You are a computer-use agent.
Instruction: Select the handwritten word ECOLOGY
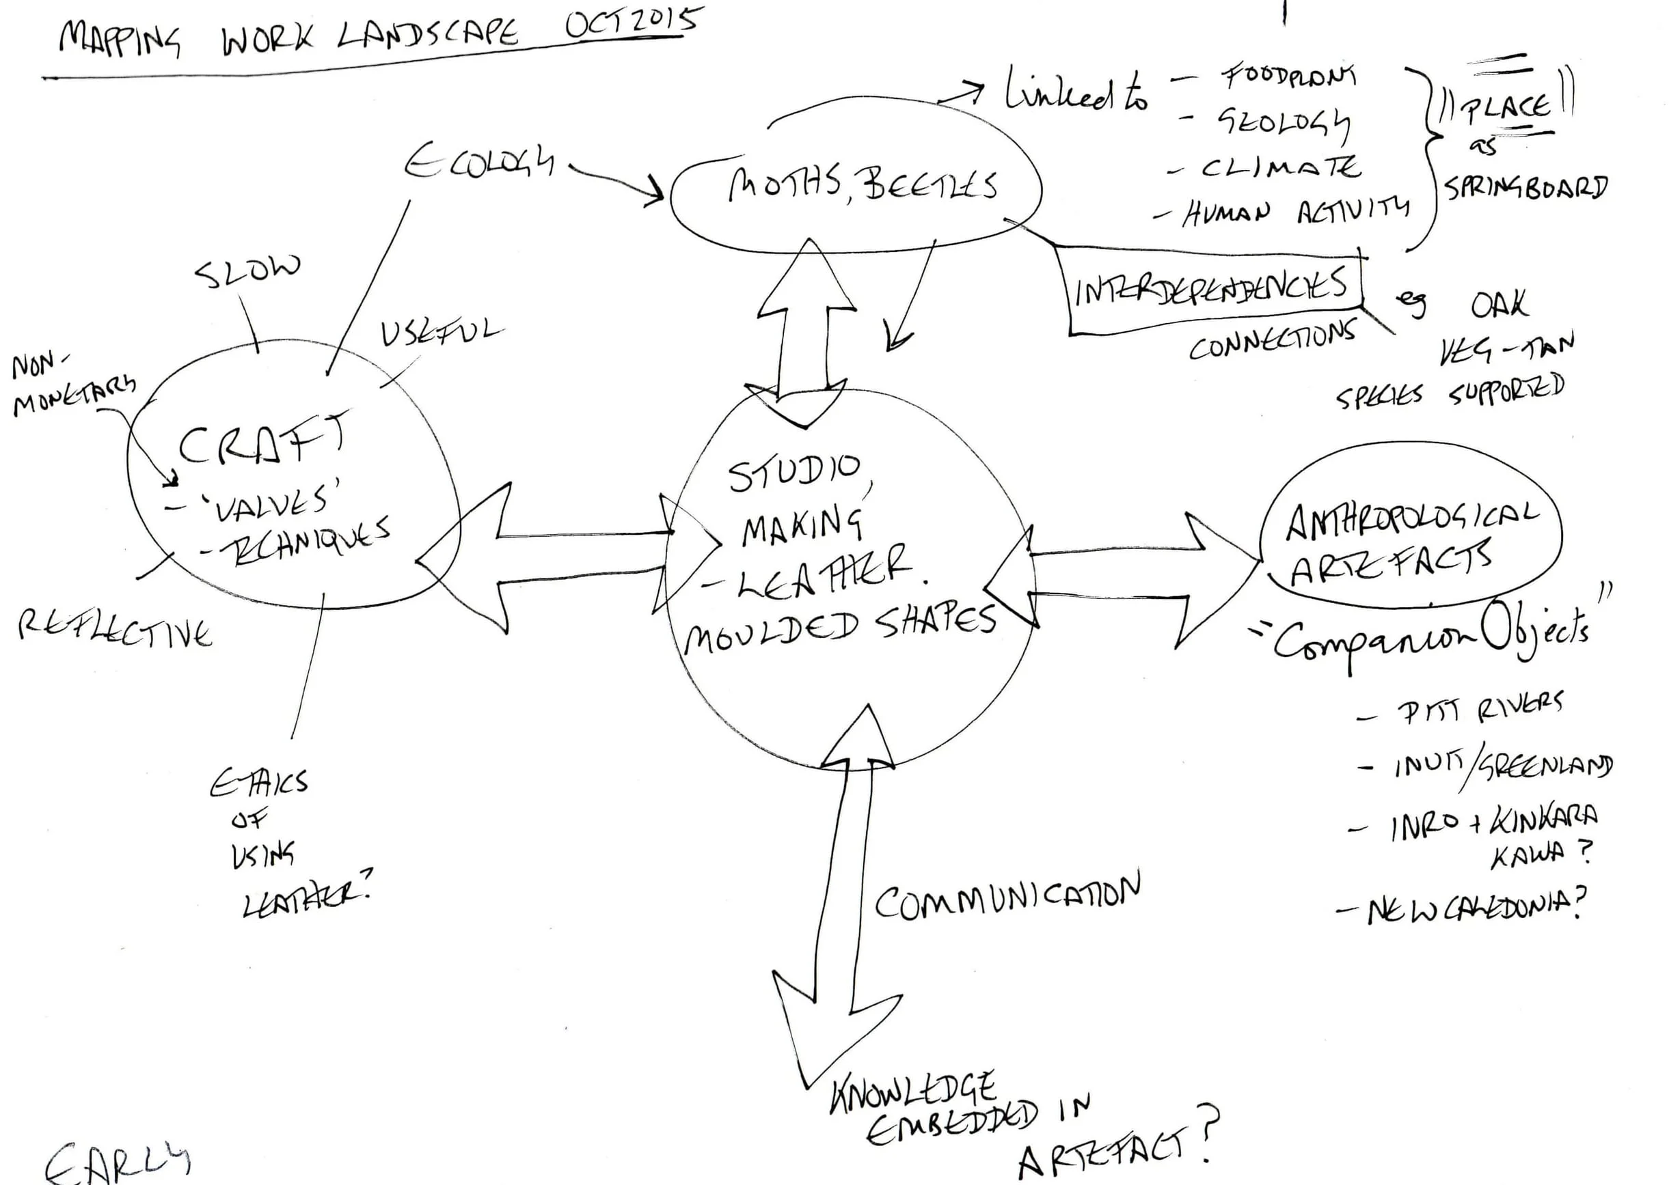[x=479, y=162]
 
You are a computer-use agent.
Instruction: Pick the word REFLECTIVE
[x=116, y=630]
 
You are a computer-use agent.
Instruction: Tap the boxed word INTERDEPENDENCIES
[x=1210, y=287]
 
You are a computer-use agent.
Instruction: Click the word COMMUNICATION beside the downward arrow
[x=1007, y=896]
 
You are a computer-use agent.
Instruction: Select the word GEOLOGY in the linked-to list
[x=1283, y=124]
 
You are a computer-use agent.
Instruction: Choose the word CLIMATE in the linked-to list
[x=1281, y=168]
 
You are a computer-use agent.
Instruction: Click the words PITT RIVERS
[x=1479, y=708]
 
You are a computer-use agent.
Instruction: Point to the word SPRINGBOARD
[x=1526, y=188]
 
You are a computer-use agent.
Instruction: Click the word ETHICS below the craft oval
[x=259, y=783]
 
